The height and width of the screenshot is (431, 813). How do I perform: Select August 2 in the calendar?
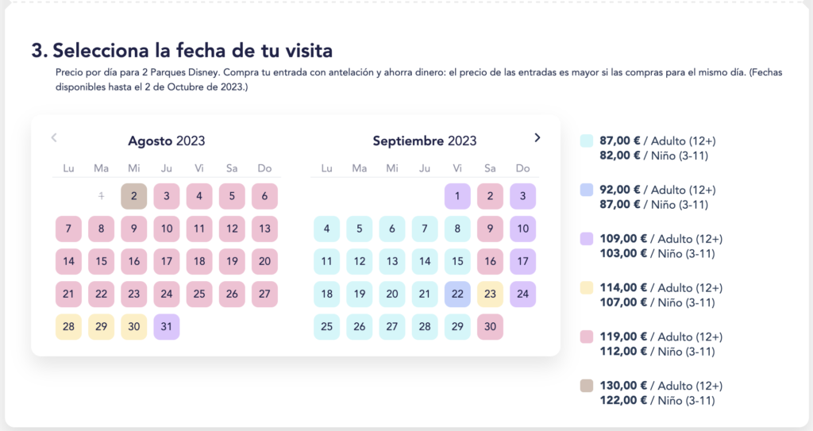click(133, 196)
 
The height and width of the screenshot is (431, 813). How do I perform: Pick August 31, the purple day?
click(167, 327)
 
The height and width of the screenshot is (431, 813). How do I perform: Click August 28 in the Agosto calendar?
click(68, 327)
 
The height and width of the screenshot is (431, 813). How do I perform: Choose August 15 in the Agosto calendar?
click(101, 261)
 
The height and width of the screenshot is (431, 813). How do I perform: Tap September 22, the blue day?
click(457, 294)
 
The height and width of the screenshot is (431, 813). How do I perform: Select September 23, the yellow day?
click(490, 294)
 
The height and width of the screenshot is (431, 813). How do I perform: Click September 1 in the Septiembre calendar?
click(457, 196)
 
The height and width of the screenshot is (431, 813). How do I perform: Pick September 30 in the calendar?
click(490, 327)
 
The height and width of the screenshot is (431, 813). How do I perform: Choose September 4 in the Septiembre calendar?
click(326, 229)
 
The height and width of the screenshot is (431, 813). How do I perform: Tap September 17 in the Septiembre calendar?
click(522, 261)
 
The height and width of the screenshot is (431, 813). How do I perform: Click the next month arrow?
click(538, 137)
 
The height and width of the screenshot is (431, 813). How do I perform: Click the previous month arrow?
click(54, 137)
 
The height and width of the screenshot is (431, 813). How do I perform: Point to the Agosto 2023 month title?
click(167, 141)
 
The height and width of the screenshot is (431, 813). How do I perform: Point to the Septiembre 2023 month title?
click(425, 141)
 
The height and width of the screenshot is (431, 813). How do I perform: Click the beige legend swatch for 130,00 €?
click(587, 386)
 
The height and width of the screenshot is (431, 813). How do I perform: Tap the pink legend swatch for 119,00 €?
click(587, 337)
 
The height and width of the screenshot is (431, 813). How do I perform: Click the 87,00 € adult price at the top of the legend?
click(620, 141)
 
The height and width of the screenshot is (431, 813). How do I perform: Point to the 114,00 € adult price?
click(623, 288)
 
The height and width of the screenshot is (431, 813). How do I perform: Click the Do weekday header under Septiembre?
click(522, 168)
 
